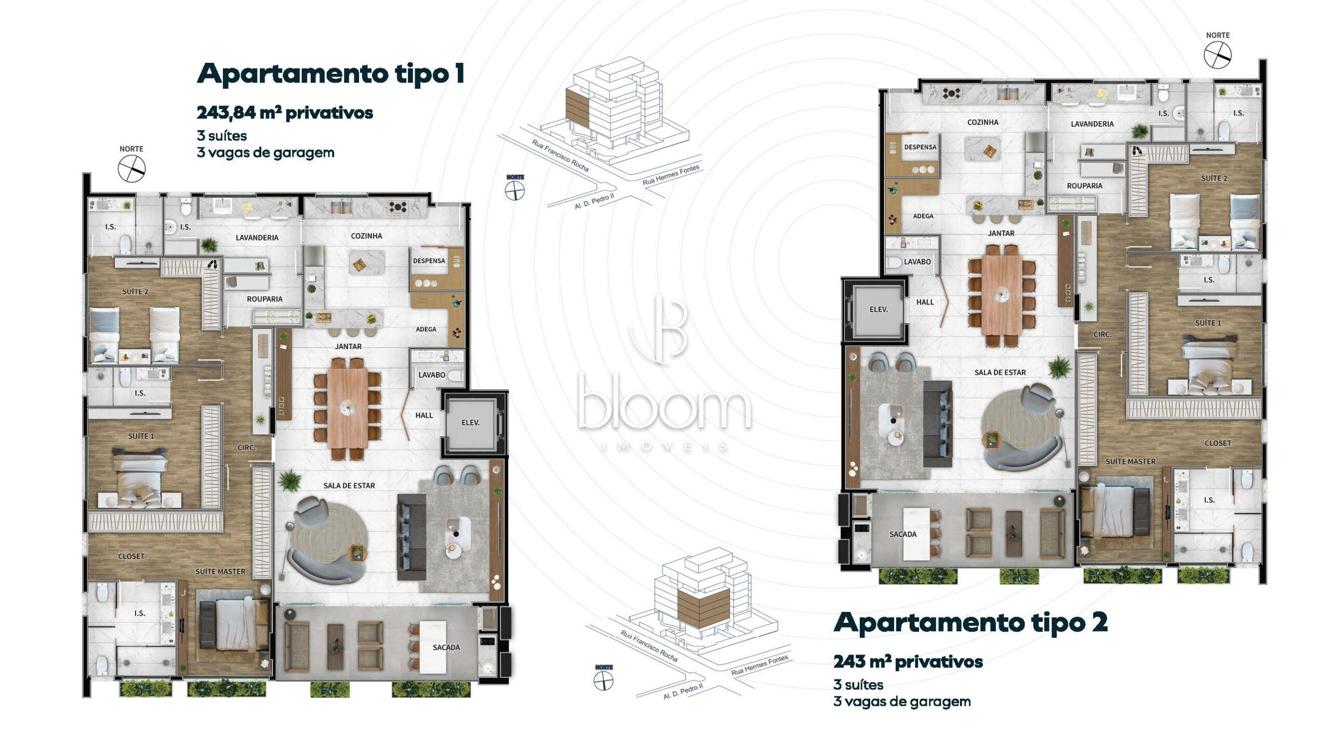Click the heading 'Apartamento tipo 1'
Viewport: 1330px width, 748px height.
point(330,74)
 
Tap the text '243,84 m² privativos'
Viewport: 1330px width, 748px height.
point(285,113)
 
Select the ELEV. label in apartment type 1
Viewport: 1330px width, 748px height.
point(471,423)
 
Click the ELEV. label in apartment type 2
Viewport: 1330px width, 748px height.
point(879,310)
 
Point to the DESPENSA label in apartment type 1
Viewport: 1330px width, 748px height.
point(429,261)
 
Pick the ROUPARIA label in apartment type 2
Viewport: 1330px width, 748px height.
point(1085,186)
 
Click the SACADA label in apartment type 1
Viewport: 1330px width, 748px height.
point(446,648)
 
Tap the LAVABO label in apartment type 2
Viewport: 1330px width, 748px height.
point(917,262)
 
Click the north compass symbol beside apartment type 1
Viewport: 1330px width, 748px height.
point(131,169)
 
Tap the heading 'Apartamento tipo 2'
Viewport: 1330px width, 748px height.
point(970,623)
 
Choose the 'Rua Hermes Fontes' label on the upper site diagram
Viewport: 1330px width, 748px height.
point(671,175)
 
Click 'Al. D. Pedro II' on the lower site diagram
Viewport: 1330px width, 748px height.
point(683,691)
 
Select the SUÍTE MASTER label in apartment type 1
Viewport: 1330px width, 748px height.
point(220,572)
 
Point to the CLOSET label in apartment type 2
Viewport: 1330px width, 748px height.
point(1218,444)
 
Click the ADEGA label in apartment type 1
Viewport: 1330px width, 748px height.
point(426,329)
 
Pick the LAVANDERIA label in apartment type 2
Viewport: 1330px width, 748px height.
point(1092,124)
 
